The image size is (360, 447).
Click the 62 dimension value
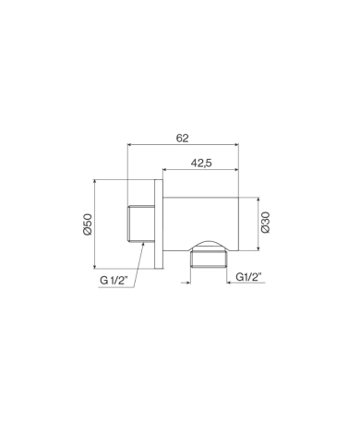pos(182,139)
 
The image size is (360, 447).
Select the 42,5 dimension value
pos(201,163)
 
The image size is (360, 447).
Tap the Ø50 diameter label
pos(88,224)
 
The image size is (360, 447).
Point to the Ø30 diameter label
pos(265,223)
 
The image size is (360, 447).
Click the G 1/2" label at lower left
pos(114,280)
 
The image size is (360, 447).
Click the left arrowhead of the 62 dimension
pos(129,144)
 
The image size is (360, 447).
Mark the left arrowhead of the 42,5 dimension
pos(164,169)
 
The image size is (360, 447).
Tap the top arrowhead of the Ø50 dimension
pos(94,182)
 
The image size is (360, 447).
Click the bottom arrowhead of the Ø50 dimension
pos(94,266)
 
